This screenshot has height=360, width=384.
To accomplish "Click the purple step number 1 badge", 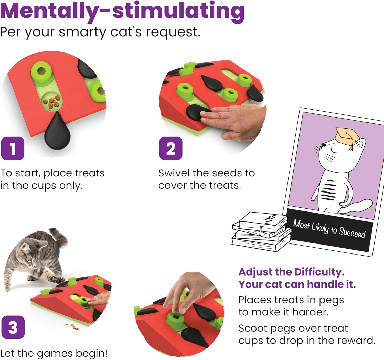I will (13, 149).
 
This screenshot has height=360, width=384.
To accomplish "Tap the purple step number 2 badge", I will (171, 149).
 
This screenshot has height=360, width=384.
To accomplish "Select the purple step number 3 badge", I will (13, 327).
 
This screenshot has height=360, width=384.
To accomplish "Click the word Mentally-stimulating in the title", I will (122, 11).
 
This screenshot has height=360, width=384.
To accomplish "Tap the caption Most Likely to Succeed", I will (329, 229).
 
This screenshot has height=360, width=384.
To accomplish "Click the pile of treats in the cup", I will (51, 102).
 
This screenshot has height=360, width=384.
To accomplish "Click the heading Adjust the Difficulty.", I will (291, 272).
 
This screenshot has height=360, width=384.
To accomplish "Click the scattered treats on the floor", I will (72, 326).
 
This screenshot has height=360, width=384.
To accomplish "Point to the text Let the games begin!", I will (54, 353).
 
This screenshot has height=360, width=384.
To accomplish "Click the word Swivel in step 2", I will (174, 173).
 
